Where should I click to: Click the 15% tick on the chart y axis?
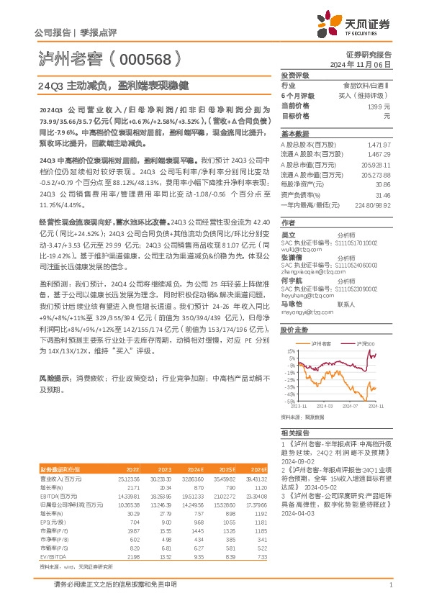(x=290, y=351)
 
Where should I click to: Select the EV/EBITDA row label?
(x=53, y=536)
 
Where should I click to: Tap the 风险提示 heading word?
(x=53, y=376)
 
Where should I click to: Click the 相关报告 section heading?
(x=295, y=433)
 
